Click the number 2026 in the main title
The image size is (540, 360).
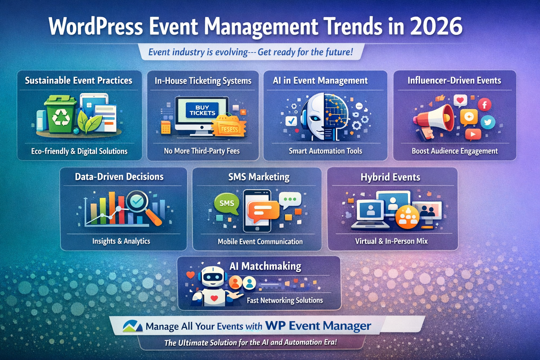point(436,26)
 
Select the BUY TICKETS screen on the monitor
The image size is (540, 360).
point(202,110)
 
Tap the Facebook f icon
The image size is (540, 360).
point(484,104)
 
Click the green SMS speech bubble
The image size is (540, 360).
point(226,204)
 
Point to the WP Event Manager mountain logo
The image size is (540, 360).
point(133,326)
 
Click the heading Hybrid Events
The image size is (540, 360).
point(390,177)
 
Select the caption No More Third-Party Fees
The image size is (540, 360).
point(202,151)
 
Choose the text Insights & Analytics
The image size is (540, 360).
point(121,241)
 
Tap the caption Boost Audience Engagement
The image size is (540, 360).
point(455,151)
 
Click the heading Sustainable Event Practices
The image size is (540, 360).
point(79,81)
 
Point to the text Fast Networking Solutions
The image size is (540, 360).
point(285,300)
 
